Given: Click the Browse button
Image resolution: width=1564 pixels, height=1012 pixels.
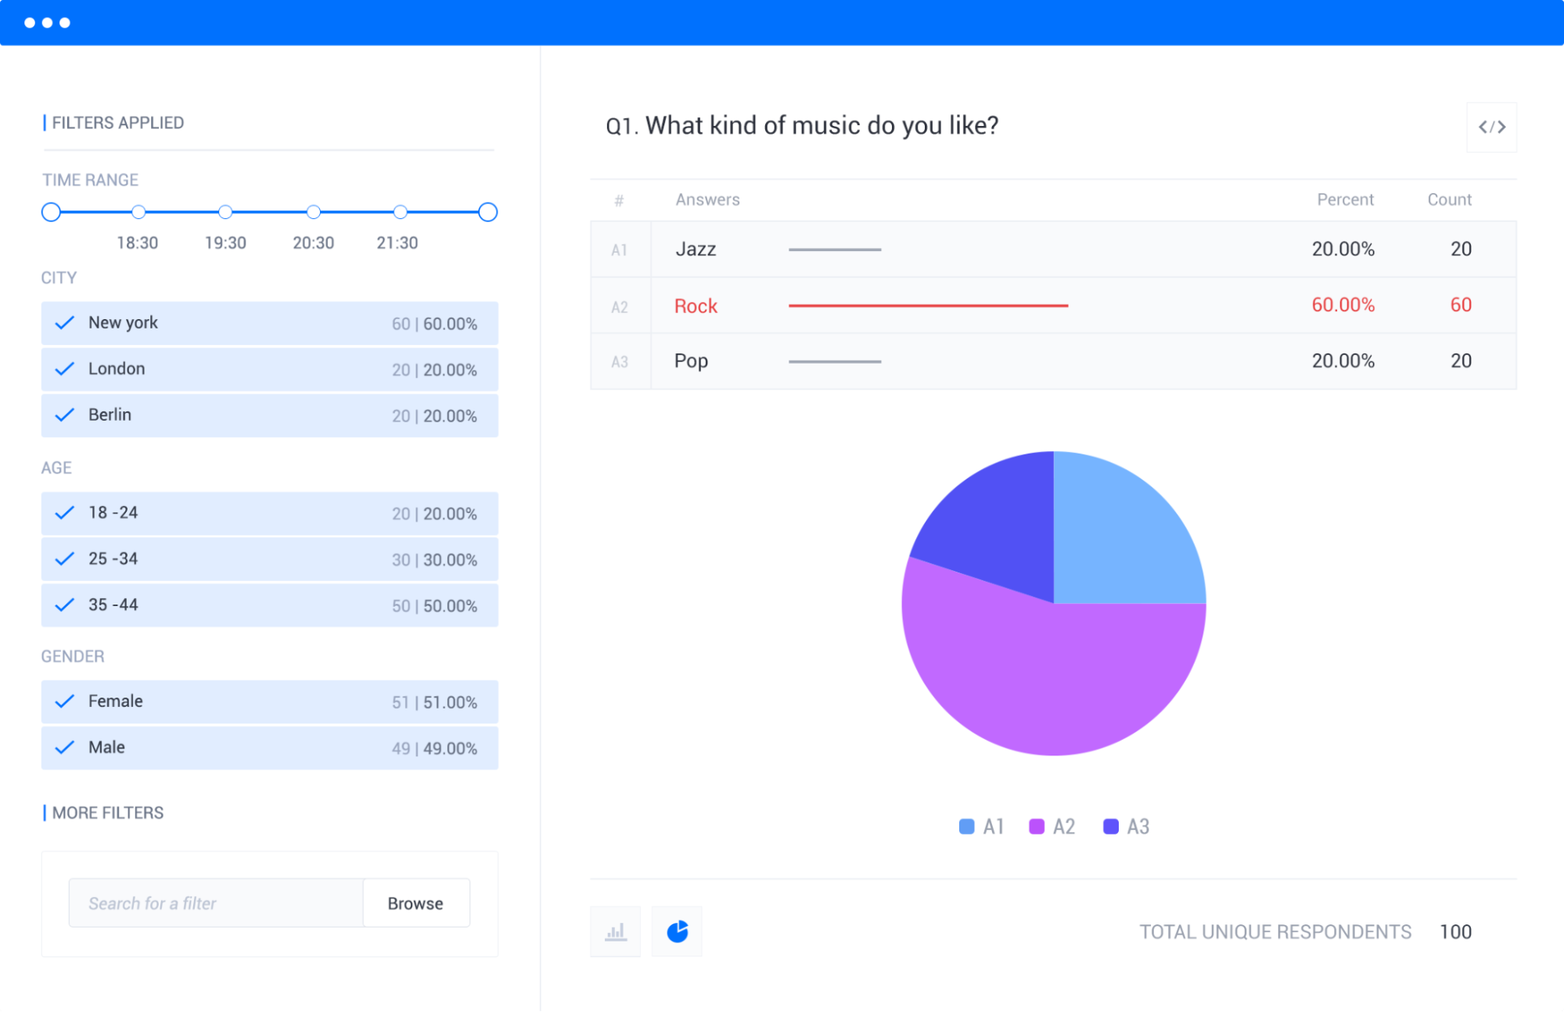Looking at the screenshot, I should (415, 903).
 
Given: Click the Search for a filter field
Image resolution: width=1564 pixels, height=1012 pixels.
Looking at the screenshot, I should (216, 903).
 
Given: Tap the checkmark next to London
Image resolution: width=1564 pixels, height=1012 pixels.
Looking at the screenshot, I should (65, 369).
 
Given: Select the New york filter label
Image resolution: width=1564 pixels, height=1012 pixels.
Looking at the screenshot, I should (123, 323).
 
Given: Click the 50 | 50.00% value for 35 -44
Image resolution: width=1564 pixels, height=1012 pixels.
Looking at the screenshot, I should (434, 606).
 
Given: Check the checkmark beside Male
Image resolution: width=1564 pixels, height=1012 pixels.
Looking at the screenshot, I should (65, 748).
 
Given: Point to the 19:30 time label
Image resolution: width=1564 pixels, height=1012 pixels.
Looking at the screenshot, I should (225, 243).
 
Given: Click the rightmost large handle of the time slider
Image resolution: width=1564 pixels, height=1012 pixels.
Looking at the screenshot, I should (487, 212).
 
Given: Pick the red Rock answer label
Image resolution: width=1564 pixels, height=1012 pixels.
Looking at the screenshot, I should (696, 306).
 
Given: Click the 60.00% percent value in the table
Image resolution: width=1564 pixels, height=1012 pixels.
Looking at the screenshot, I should (1343, 305).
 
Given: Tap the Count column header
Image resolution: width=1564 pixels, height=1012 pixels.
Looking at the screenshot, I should (1449, 199).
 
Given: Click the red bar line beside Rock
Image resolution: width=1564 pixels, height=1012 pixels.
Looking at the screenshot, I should (928, 306).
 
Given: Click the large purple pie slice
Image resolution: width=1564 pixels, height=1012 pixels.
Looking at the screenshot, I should (1048, 680).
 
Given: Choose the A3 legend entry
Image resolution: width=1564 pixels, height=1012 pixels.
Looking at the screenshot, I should (1127, 827).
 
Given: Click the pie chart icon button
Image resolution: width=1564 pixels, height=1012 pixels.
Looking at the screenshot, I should (677, 931).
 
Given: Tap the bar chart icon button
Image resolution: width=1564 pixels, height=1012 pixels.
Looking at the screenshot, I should (616, 931).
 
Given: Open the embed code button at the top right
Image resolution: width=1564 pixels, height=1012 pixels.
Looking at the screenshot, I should (1491, 127).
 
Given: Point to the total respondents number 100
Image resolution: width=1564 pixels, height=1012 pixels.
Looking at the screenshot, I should (1455, 931).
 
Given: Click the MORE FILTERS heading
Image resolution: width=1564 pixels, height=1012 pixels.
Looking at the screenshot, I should (108, 813).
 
